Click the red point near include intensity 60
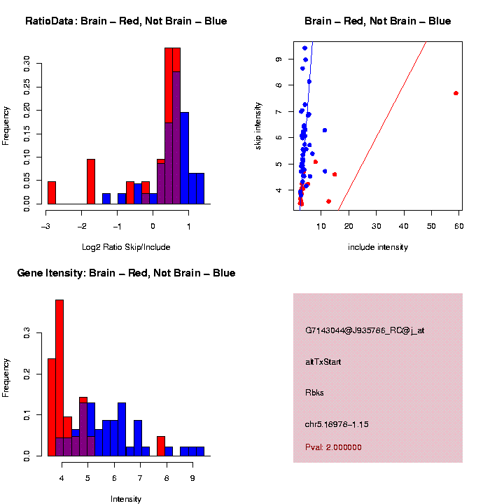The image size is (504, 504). coord(456,93)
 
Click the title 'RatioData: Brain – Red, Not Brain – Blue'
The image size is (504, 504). coord(126,21)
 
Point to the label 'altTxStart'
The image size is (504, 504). coord(323,362)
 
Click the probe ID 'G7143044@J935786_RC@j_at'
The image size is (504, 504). coord(365,330)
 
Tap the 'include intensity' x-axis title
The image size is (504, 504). coord(378,247)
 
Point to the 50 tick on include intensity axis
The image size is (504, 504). coord(431,225)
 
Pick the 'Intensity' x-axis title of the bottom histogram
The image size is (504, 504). coord(126,499)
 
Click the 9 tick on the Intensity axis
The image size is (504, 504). coord(192,477)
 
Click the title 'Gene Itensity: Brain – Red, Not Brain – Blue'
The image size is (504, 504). coord(126,273)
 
